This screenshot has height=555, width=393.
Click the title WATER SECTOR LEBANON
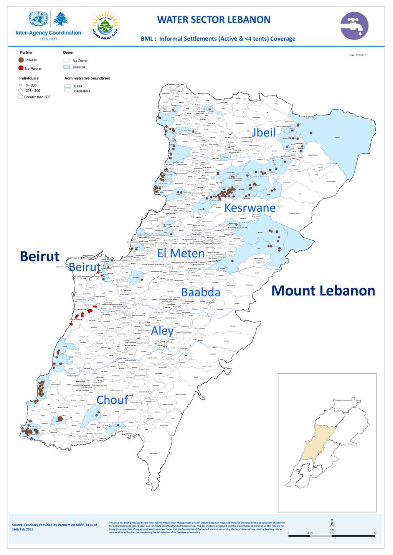213,20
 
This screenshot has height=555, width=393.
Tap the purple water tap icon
354,26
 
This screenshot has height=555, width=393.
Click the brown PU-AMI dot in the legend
21,60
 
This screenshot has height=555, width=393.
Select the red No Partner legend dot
21,68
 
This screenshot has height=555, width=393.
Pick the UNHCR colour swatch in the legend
66,67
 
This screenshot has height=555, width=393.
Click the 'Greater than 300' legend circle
20,97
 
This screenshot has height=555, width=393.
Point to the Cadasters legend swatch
68,91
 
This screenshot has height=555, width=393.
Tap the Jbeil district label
264,132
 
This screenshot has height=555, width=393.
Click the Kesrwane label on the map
250,208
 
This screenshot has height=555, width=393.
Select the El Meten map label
181,253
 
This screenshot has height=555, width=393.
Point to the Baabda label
201,292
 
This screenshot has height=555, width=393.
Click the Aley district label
162,331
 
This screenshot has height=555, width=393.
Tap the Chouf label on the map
112,400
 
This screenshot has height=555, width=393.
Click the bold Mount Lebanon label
323,291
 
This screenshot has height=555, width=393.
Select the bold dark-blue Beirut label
40,256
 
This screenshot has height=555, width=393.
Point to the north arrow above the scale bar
332,523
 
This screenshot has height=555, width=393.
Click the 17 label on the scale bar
375,533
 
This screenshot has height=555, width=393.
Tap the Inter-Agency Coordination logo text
48,33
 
